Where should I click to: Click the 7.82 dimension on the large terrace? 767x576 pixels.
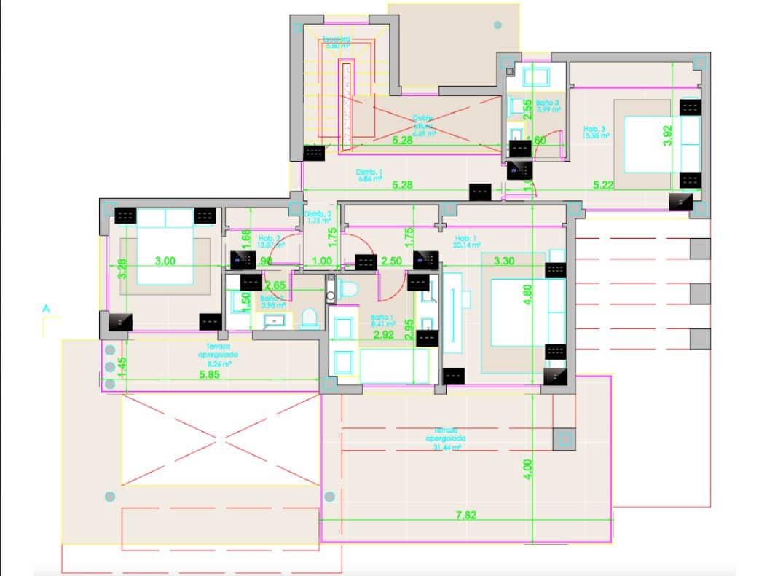465,515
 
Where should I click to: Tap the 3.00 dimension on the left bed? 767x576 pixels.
167,260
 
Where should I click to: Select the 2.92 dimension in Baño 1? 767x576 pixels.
383,335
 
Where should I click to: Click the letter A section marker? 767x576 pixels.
46,309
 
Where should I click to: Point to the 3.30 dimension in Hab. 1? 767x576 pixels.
505,260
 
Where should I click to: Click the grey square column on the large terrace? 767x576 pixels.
564,439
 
